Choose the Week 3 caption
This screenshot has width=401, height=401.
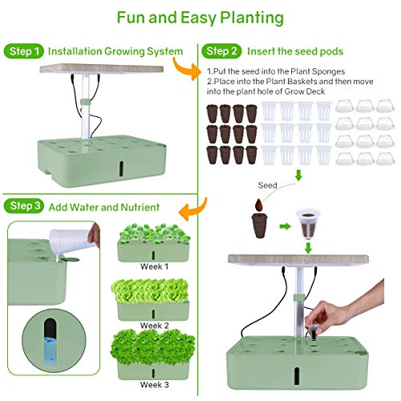(x=154, y=384)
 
